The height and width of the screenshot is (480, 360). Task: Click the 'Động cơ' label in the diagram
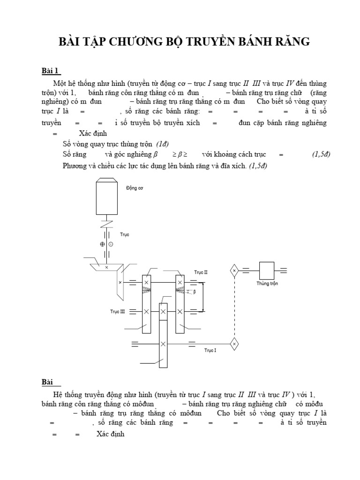[135, 188]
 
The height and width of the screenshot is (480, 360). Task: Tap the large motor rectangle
[108, 199]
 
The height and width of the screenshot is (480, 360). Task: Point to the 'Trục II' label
[201, 272]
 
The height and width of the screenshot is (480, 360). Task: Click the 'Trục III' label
[117, 311]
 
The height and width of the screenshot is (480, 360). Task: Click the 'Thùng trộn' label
[267, 284]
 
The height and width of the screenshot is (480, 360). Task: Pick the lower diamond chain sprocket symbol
[234, 344]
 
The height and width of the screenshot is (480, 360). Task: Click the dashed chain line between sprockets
[234, 307]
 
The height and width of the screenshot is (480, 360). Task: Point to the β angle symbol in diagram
[195, 292]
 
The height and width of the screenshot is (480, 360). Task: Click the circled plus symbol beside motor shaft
[102, 244]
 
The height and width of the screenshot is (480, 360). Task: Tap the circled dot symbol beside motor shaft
[111, 244]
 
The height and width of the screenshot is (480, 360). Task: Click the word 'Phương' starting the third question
[75, 165]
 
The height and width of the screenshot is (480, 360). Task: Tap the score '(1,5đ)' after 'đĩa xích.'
[258, 165]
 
